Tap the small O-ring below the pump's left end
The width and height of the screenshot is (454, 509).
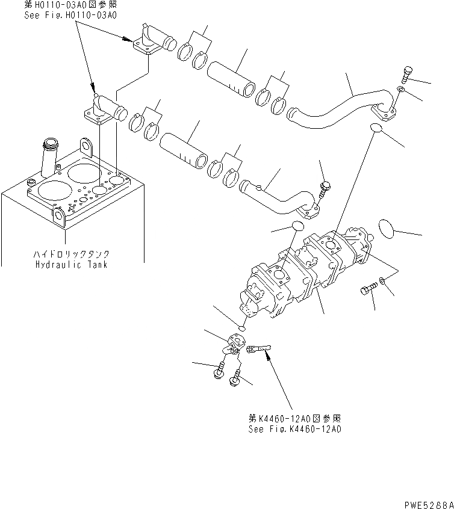coord(241,328)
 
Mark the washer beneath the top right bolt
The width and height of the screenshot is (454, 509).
coord(402,91)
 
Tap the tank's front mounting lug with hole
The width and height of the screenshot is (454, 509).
coord(60,215)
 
